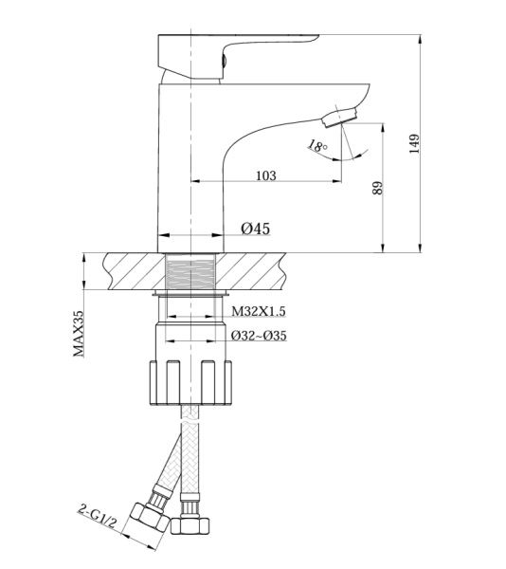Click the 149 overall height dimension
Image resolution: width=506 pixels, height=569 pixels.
pos(414,143)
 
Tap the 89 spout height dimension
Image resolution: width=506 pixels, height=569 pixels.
pos(378,188)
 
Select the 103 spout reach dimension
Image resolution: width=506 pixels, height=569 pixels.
pos(266,175)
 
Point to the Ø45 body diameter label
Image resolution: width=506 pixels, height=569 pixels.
pos(256,229)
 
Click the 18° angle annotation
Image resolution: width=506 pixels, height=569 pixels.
pos(317,146)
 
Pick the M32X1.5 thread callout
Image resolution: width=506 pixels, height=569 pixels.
pos(259,311)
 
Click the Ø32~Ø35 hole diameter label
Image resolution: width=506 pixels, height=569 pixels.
pos(259,336)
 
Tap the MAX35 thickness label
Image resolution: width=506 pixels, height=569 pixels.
pos(79,334)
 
